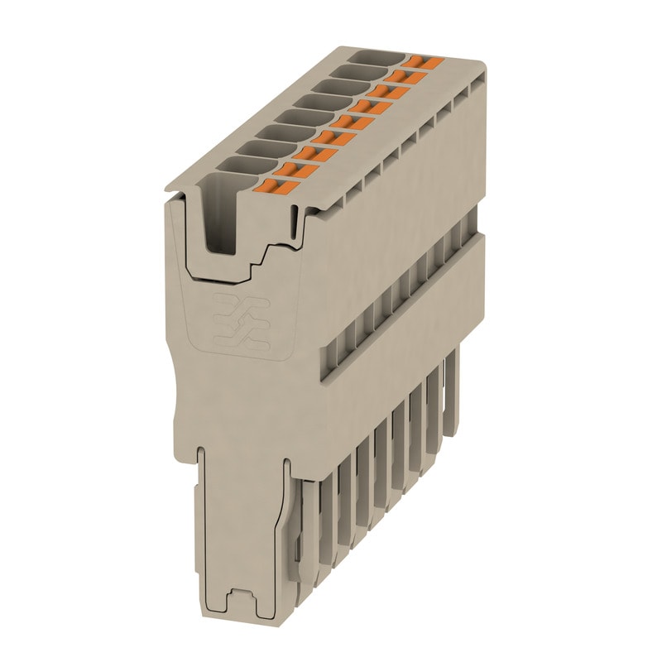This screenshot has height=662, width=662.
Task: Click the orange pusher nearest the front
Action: (281, 187)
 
